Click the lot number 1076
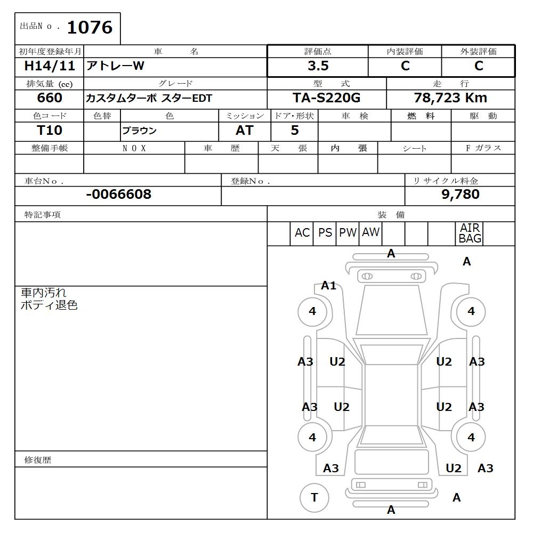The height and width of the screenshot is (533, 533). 90,27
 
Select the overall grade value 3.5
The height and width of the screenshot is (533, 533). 318,66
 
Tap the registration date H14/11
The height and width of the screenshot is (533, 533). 50,66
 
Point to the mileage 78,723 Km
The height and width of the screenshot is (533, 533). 450,98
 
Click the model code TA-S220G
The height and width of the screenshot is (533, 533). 326,98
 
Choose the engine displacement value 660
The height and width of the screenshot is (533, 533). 50,98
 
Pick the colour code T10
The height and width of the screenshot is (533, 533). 50,131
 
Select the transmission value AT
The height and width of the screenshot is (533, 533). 244,131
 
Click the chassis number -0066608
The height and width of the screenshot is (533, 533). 118,195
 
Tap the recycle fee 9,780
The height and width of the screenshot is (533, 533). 460,195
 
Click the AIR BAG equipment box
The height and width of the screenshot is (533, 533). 470,233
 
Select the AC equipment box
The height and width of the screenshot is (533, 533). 302,233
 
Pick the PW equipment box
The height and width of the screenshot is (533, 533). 348,233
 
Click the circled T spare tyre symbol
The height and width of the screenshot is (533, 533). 314,498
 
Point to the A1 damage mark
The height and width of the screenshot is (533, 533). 329,286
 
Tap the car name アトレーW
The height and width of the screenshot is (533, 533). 116,66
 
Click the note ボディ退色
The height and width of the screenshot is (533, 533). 49,305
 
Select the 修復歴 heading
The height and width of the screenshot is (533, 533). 38,459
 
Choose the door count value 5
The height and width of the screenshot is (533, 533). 295,131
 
